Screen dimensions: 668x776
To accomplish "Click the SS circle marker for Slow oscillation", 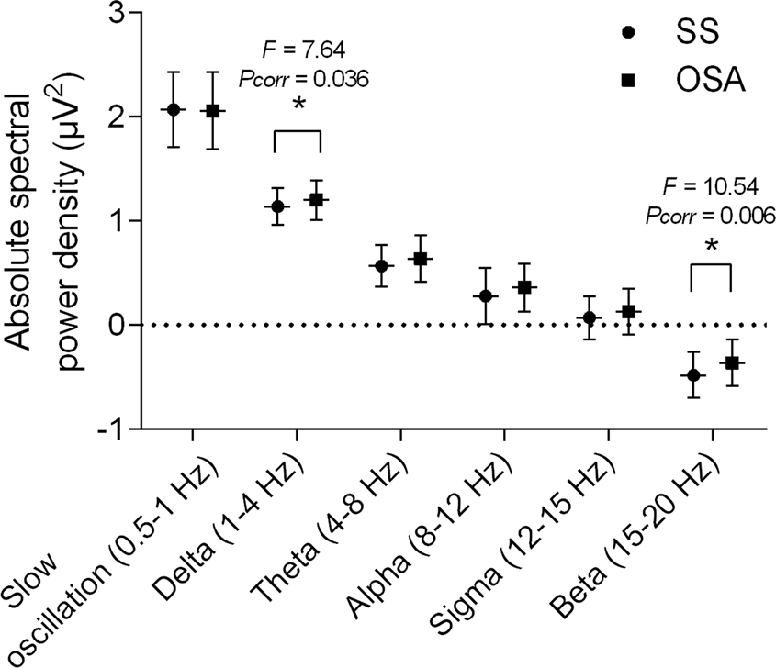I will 173,109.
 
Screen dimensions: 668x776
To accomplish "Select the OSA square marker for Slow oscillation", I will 213,110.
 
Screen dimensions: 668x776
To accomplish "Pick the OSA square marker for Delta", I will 318,199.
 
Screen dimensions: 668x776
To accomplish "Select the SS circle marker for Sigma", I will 589,318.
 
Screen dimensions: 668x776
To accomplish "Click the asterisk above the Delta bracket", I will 298,106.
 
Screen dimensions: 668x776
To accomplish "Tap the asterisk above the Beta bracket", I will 710,245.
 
